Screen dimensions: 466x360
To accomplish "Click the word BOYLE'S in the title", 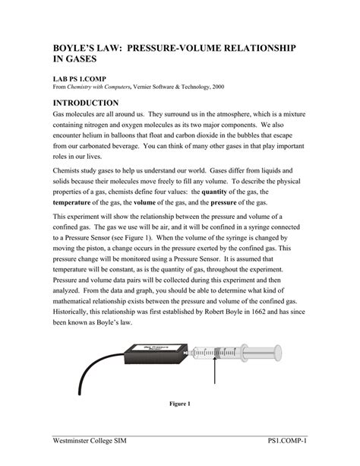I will pos(77,48).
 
